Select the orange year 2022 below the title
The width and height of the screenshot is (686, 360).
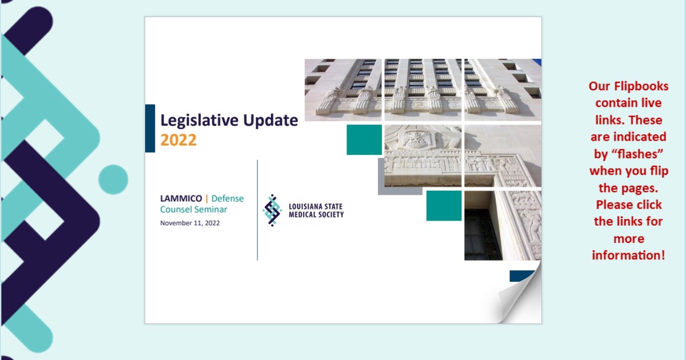178,140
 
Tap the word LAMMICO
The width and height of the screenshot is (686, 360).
181,199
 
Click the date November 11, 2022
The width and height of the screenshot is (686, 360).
190,223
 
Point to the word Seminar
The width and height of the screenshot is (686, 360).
210,210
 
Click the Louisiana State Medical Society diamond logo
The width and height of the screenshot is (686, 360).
272,210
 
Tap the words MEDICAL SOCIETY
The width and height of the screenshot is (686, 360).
316,215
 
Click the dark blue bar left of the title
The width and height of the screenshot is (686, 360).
150,128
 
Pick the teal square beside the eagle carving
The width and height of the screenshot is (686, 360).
364,139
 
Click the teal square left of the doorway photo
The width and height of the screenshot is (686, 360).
444,206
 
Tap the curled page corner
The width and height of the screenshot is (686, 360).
517,300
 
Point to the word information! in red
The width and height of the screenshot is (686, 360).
628,255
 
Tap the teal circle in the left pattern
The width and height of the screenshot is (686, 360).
113,179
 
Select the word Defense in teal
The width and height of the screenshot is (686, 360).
228,199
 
